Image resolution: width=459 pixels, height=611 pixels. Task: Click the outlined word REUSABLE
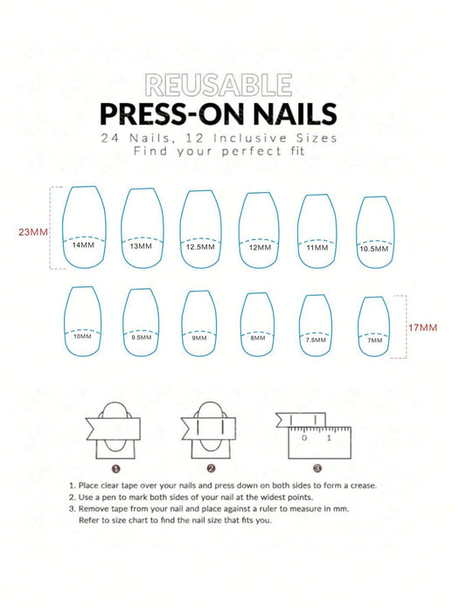pos(219,85)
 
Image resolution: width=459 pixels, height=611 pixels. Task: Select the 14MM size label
pos(83,245)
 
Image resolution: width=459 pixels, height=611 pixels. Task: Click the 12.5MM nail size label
pos(200,247)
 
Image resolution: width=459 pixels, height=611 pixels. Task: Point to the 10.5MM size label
pos(374,249)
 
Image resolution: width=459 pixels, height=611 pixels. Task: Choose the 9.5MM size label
pos(142,337)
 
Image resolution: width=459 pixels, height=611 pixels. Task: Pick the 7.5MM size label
pos(316,340)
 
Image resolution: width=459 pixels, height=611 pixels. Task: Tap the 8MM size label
pos(258,338)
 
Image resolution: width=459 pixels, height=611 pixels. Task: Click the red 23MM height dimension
pos(33,232)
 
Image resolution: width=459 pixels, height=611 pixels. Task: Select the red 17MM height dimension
pos(422,327)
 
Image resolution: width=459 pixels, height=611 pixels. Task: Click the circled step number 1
pos(116,469)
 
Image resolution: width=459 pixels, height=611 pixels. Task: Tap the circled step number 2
pos(212,469)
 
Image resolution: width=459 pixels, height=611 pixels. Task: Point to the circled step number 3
pos(317,469)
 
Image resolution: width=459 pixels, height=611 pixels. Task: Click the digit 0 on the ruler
pos(304,438)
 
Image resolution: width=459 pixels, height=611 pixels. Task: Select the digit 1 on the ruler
pos(329,438)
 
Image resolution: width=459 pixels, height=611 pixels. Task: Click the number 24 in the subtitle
pos(110,138)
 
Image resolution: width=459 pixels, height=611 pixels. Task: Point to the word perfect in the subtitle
pos(252,151)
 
